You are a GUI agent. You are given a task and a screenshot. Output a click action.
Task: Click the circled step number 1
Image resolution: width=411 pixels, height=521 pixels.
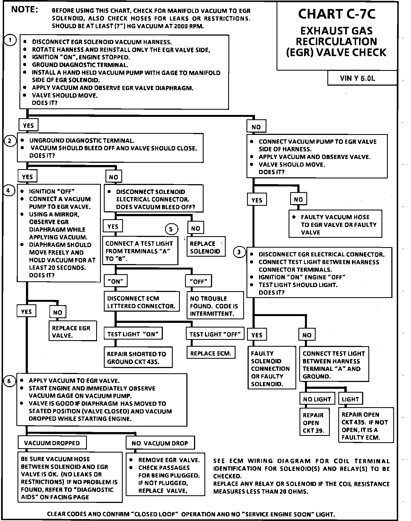pyautogui.click(x=10, y=41)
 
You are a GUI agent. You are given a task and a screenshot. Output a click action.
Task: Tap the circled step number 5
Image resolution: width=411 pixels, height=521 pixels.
pyautogui.click(x=171, y=229)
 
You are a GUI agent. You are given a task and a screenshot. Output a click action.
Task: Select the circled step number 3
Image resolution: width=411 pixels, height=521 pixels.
pyautogui.click(x=239, y=252)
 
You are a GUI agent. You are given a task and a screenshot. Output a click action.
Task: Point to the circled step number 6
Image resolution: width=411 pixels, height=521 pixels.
pyautogui.click(x=9, y=381)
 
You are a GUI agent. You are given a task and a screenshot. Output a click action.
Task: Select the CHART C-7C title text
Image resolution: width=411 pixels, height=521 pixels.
pyautogui.click(x=337, y=14)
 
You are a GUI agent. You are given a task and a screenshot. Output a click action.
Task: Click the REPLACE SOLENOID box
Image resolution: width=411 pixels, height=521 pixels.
pyautogui.click(x=206, y=247)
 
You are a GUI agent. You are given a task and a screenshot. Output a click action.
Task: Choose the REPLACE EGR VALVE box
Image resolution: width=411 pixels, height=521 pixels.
pyautogui.click(x=72, y=331)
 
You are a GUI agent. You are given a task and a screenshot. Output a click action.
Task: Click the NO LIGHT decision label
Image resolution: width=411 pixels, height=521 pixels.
pyautogui.click(x=317, y=399)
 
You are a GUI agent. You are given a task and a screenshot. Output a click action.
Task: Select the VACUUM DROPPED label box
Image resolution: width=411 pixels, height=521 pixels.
pyautogui.click(x=52, y=443)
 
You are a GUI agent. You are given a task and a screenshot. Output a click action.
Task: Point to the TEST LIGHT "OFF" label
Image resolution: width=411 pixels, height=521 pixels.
pyautogui.click(x=215, y=334)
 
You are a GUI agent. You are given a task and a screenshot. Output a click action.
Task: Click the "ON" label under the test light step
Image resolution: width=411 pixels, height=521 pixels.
pyautogui.click(x=116, y=281)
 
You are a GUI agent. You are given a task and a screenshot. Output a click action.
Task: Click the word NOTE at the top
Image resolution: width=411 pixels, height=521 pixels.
pyautogui.click(x=24, y=10)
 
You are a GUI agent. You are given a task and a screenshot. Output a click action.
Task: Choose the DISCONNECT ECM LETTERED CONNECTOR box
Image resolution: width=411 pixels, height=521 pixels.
pyautogui.click(x=141, y=302)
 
